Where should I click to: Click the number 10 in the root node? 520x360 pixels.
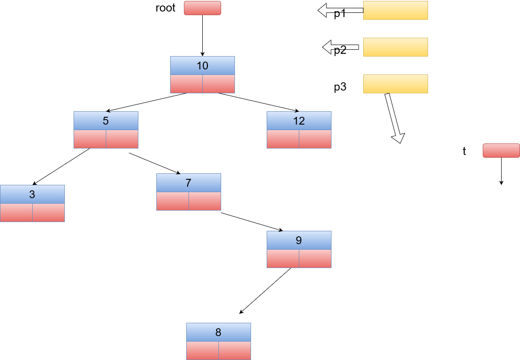(202, 66)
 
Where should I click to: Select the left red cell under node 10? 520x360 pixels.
(186, 84)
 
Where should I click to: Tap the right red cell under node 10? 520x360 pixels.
(218, 84)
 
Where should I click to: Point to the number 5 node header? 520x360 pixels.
(106, 121)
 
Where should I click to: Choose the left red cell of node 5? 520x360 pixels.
(90, 139)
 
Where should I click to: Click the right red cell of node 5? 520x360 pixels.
(122, 139)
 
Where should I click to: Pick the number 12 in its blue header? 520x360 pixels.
(299, 121)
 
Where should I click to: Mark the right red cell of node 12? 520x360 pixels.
(315, 139)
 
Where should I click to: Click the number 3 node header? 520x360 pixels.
(32, 194)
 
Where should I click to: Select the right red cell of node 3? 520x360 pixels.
(48, 213)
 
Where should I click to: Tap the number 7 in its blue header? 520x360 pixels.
(189, 183)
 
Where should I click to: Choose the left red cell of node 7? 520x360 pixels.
(172, 201)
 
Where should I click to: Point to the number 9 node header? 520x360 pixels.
(299, 240)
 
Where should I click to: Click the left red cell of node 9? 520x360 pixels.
(283, 259)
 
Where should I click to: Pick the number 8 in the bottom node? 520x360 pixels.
(218, 332)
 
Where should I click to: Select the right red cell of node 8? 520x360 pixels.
(234, 350)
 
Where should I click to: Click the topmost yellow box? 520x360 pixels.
(395, 11)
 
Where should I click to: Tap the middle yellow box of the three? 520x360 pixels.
(395, 47)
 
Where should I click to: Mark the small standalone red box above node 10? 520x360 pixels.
(202, 8)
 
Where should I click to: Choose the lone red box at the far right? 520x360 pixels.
(501, 151)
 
